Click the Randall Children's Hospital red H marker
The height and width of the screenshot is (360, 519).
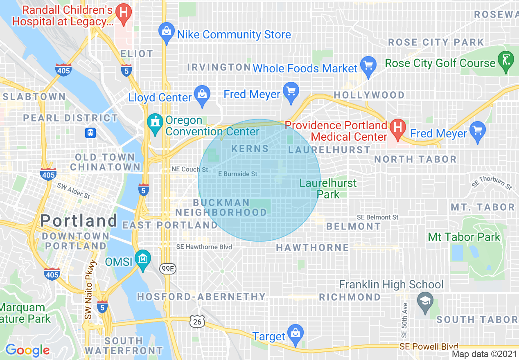pos(123,12)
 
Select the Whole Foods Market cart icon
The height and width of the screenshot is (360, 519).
pos(368,66)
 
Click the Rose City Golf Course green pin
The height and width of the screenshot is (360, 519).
pos(506,61)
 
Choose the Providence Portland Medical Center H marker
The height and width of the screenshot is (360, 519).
pos(397,127)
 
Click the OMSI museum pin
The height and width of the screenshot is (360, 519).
pos(143,259)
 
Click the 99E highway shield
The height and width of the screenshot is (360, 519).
pos(167,268)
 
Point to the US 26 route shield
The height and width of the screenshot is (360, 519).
pos(197,322)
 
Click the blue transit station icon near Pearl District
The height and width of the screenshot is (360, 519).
pos(90,133)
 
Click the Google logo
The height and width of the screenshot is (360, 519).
pos(27,350)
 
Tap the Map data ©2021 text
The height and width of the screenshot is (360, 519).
pos(484,354)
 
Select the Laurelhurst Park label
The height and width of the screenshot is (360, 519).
pos(328,188)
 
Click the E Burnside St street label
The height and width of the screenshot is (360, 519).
pos(237,174)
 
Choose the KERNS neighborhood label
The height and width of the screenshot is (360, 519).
pos(250,148)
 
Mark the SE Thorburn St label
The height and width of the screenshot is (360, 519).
pos(492,182)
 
